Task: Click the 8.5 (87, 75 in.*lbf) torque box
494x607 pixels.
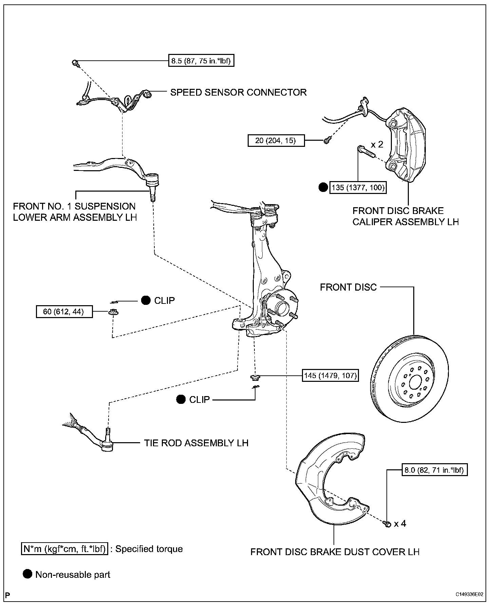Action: tap(201, 61)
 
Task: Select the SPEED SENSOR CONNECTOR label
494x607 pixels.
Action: tap(238, 92)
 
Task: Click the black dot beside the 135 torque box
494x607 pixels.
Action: tap(323, 187)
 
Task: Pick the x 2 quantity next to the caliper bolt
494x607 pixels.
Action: tap(377, 145)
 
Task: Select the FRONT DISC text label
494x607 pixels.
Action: tap(348, 287)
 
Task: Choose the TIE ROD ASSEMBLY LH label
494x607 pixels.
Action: tap(196, 443)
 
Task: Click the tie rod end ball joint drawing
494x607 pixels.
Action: tap(107, 442)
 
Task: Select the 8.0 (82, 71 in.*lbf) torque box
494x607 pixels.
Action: tap(434, 470)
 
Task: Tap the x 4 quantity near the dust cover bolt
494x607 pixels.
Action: tap(400, 524)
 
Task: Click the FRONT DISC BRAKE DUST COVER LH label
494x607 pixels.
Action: tap(335, 552)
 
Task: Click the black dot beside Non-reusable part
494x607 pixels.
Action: tap(27, 574)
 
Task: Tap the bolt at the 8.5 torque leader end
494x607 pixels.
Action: tap(75, 62)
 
